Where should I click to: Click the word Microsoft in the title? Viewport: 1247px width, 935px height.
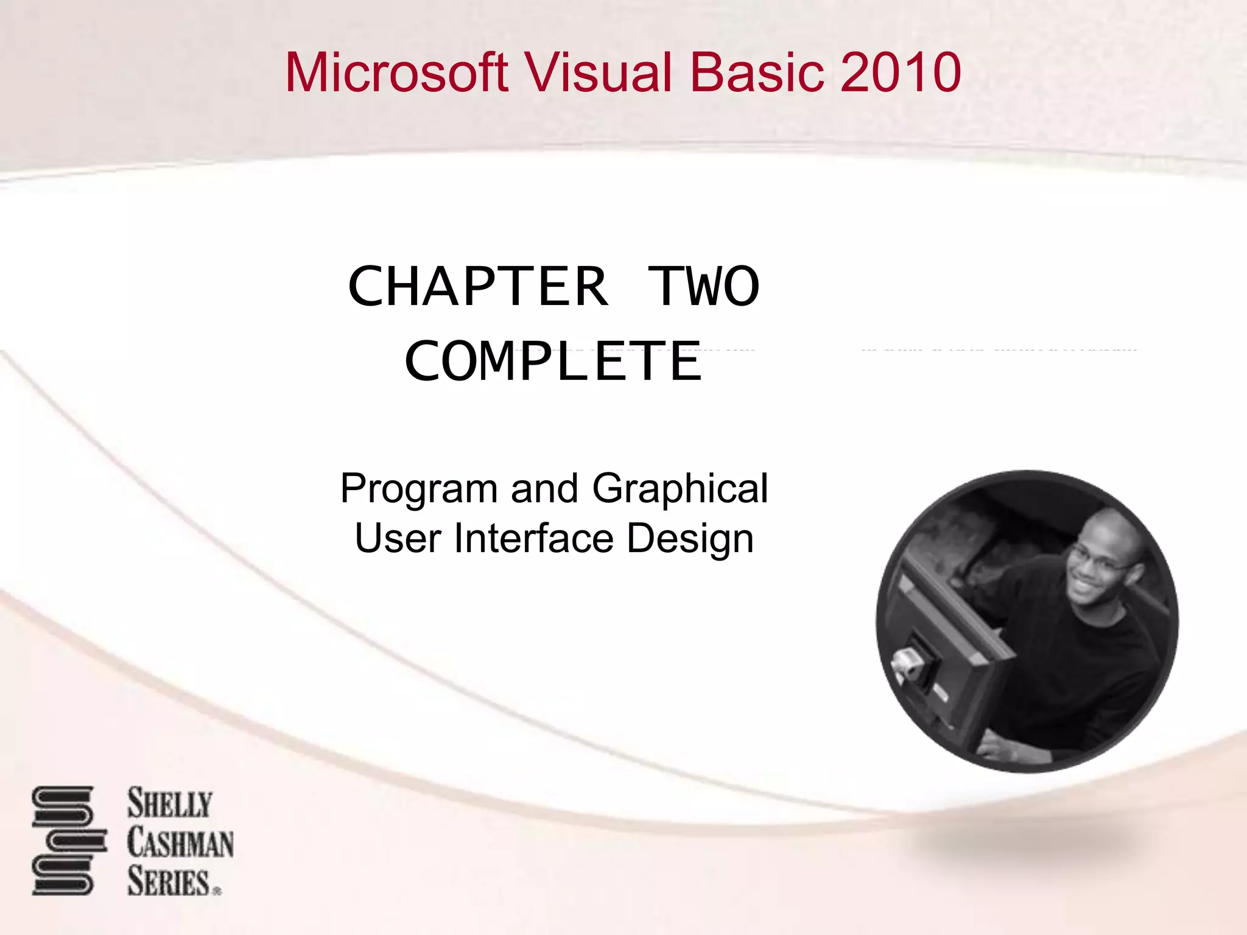click(396, 73)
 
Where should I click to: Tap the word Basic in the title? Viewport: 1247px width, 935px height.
click(757, 73)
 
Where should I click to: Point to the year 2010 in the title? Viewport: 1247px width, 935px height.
click(901, 73)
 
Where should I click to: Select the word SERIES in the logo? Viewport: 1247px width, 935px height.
click(169, 882)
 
